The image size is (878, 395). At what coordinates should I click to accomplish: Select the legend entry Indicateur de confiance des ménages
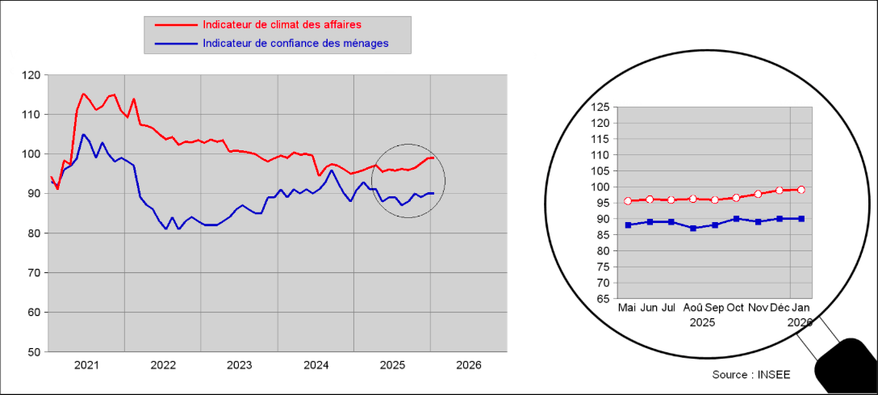[x=295, y=43]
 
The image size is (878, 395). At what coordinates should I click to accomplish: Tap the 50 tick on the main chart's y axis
[x=33, y=352]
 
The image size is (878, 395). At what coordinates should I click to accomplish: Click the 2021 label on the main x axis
[x=86, y=365]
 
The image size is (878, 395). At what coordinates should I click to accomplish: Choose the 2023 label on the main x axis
[x=239, y=365]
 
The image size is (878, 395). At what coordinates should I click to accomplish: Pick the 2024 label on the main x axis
[x=316, y=365]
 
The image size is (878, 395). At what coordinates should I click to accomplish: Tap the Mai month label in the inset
[x=627, y=309]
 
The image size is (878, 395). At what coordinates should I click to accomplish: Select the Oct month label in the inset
[x=735, y=309]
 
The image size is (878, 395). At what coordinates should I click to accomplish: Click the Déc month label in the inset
[x=780, y=309]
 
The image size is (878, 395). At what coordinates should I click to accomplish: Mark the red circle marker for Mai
[x=628, y=200]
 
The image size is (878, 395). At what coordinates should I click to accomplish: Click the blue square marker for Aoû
[x=692, y=228]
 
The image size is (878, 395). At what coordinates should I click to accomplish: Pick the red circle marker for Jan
[x=801, y=190]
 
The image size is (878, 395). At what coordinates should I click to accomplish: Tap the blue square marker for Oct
[x=735, y=219]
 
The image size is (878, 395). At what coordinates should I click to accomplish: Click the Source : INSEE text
[x=751, y=375]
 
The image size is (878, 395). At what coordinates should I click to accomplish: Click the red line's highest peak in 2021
[x=83, y=94]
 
